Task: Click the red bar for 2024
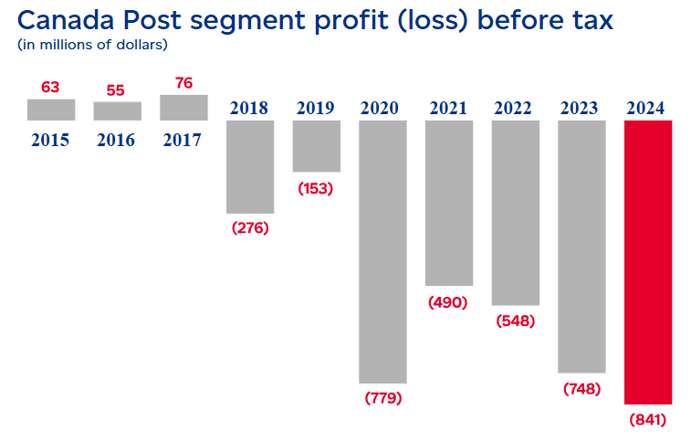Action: (648, 262)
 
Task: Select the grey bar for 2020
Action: (383, 251)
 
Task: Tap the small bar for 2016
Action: (118, 110)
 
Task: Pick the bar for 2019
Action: (317, 146)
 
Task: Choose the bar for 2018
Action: (250, 166)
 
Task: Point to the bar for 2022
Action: (515, 212)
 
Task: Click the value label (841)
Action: (648, 420)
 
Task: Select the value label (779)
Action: (383, 398)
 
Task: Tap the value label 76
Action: (183, 83)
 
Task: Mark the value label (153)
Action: (316, 188)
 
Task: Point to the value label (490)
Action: (448, 302)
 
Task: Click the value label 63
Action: (51, 88)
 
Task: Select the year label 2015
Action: (50, 141)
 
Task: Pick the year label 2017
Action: (183, 141)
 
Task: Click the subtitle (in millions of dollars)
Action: (93, 44)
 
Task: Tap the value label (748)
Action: (581, 389)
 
